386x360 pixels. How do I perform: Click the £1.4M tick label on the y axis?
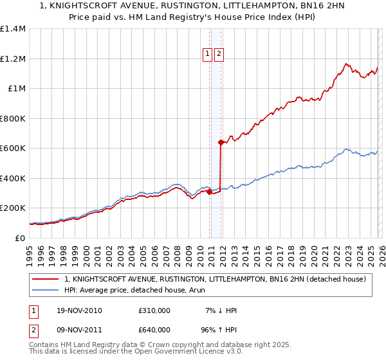pyautogui.click(x=13, y=29)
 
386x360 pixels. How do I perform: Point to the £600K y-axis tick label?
pyautogui.click(x=13, y=148)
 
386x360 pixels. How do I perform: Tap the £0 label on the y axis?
pyautogui.click(x=21, y=238)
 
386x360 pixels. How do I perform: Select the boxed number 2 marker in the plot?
pyautogui.click(x=219, y=55)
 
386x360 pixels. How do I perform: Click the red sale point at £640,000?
pyautogui.click(x=221, y=143)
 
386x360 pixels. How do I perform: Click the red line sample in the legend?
pyautogui.click(x=46, y=279)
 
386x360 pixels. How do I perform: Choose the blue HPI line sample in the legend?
pyautogui.click(x=46, y=291)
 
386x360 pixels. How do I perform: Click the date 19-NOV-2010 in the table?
pyautogui.click(x=79, y=310)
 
